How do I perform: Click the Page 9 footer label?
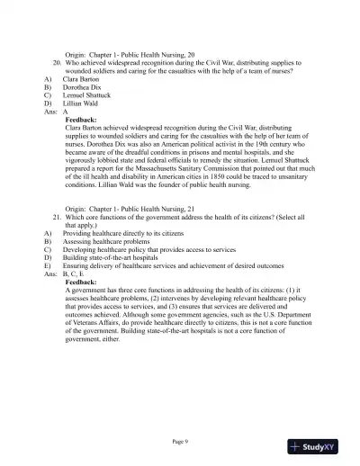(x=180, y=441)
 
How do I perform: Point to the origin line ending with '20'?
(x=130, y=56)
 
